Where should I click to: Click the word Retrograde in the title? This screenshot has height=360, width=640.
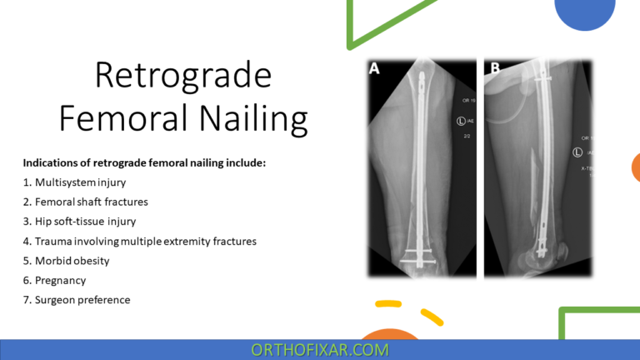[x=182, y=76]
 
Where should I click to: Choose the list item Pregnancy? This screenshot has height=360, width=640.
[x=57, y=280]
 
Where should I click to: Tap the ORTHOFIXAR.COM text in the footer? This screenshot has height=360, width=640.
[x=320, y=350]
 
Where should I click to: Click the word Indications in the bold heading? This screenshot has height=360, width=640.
[x=53, y=162]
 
